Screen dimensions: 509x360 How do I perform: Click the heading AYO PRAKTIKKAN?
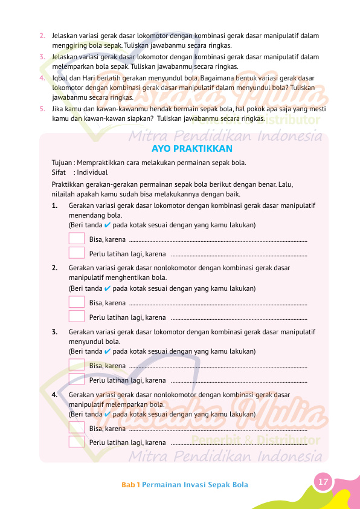pos(191,149)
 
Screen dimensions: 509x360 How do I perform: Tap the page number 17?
pos(323,482)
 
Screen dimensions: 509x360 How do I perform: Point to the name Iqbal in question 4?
pos(61,78)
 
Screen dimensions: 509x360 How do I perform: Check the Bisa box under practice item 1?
pos(77,239)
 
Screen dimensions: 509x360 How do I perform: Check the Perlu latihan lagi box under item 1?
pos(77,253)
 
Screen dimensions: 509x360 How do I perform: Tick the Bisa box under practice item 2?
pos(77,302)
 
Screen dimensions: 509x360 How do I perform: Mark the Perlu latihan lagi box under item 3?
pos(77,379)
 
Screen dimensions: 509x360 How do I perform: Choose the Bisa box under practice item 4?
pos(77,427)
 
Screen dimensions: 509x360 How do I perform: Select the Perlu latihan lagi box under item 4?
pos(77,441)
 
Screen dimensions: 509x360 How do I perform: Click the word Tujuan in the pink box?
pos(62,163)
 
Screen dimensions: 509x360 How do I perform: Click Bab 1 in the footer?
pos(130,485)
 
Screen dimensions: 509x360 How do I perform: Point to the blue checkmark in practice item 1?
pos(107,225)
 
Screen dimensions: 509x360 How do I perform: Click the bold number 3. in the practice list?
pos(55,332)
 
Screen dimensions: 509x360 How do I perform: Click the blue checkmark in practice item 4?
pos(107,414)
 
